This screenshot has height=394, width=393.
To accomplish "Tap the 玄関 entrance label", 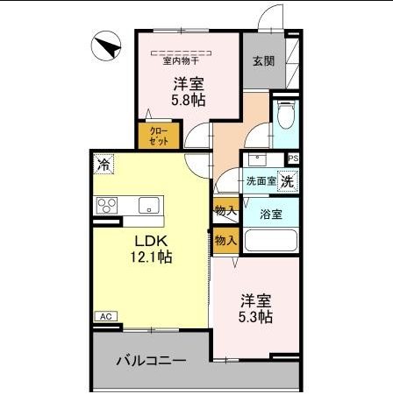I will click(262, 60).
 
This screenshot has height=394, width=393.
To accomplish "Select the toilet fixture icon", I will click(286, 116).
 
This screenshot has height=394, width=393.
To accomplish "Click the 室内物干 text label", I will click(181, 60).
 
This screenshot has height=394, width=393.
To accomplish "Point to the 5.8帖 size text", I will click(187, 101).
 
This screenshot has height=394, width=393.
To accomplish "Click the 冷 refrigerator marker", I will click(104, 164).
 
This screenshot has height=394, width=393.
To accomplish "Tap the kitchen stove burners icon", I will click(108, 207).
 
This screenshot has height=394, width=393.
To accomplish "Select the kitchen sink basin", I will click(147, 207).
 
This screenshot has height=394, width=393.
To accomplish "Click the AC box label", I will click(104, 316).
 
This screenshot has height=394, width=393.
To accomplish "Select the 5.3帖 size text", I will click(257, 316).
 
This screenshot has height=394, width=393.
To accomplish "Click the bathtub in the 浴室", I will click(271, 240).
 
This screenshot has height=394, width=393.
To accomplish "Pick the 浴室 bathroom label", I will click(271, 213).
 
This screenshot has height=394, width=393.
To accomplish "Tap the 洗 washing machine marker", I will click(288, 180).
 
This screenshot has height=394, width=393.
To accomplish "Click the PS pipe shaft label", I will click(293, 158).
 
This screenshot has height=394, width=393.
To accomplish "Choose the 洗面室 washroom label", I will click(261, 181).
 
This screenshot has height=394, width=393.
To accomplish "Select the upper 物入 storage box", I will click(225, 210).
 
